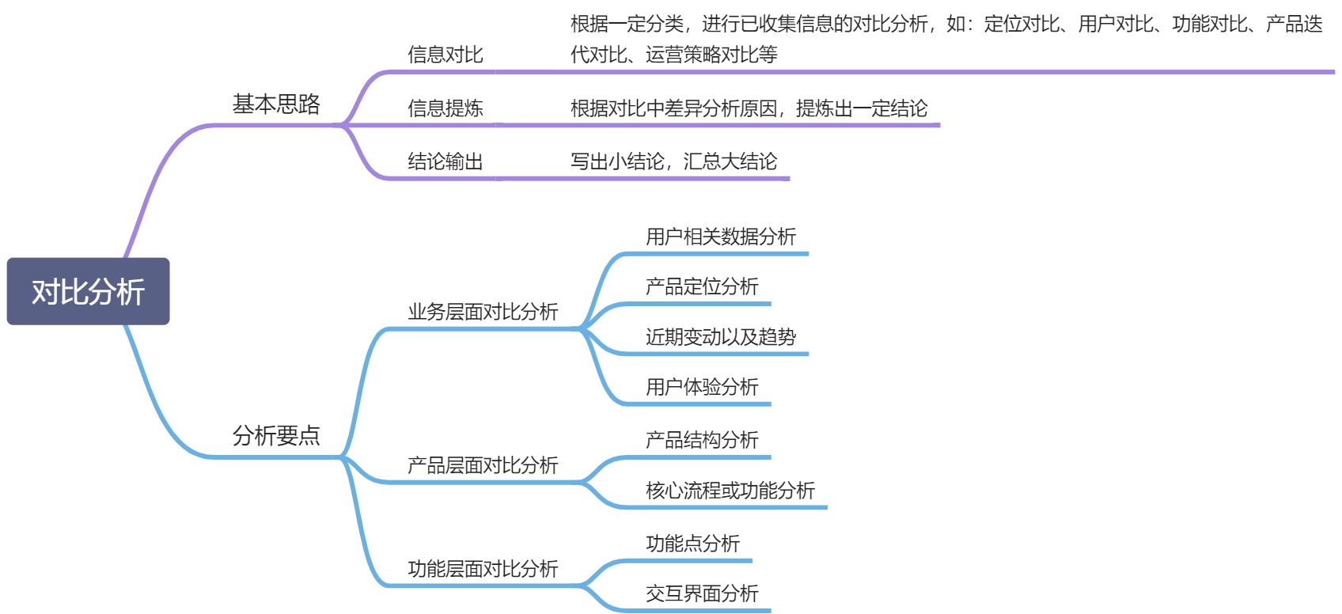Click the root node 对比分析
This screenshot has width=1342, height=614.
[88, 291]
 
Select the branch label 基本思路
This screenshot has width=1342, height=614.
[276, 104]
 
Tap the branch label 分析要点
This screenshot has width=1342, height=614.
[276, 435]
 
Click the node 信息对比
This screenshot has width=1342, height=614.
[445, 55]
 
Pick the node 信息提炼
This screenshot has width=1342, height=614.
[445, 108]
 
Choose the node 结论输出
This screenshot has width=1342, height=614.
[445, 162]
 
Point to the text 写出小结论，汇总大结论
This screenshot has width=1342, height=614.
[673, 162]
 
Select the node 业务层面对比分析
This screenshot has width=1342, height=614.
[483, 312]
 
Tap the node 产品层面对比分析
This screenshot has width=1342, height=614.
[483, 465]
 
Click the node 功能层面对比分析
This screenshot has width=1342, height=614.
[483, 569]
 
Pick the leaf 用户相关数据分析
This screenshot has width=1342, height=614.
[720, 237]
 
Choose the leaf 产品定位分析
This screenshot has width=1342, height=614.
[702, 286]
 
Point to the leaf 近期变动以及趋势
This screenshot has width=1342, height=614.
[720, 337]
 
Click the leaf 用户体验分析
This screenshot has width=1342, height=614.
[702, 387]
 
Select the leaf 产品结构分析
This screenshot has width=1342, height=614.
[702, 440]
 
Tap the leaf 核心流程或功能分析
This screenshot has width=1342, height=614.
[730, 491]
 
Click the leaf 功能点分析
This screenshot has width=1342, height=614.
[692, 544]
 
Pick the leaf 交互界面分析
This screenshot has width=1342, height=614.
[702, 593]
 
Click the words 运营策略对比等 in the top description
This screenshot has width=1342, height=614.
[711, 55]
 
